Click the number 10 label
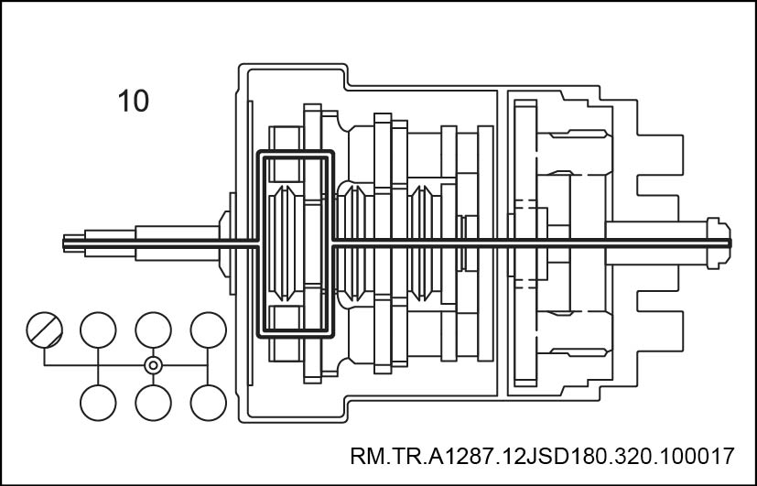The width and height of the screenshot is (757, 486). coord(134,101)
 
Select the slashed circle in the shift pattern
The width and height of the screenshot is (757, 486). coord(45,330)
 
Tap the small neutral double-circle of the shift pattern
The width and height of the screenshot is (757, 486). coord(153,365)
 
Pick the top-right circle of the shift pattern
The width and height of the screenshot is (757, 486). coord(208,330)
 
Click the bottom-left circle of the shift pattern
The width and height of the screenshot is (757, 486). coord(98,403)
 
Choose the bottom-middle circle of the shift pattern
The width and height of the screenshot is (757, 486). coord(153,403)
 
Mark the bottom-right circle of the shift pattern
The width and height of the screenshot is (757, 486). coord(208,403)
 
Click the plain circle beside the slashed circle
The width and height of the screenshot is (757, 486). coord(98,330)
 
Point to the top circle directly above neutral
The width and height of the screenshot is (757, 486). coord(153,330)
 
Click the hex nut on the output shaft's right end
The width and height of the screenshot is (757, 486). coord(719,243)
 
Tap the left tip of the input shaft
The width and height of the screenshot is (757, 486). coord(63,243)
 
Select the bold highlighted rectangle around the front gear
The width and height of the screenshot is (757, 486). coord(296,243)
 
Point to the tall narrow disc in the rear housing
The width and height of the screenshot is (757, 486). coord(525,243)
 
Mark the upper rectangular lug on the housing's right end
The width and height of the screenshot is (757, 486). coord(660,156)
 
